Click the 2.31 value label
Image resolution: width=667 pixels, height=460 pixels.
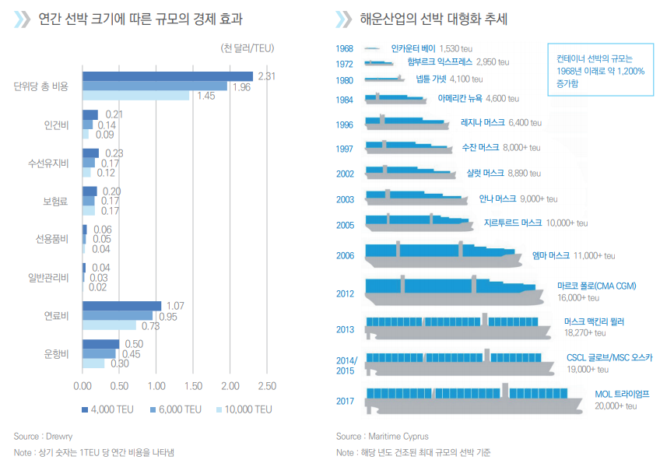[267, 75]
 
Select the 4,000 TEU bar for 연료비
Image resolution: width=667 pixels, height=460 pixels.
[122, 306]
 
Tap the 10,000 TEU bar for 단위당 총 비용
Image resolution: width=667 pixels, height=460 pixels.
[136, 96]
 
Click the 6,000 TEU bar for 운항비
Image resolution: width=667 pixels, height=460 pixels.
[99, 353]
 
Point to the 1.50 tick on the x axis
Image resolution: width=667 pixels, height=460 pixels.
[193, 386]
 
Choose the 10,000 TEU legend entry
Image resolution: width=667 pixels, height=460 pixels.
[244, 409]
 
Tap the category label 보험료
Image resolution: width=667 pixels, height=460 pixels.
[56, 201]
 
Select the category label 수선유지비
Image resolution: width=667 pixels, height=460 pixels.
[48, 163]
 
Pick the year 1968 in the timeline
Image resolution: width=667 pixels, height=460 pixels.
[345, 48]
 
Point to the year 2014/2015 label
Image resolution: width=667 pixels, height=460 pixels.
[346, 365]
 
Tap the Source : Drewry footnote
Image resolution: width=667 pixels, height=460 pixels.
[43, 436]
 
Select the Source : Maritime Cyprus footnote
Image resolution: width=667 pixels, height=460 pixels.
[382, 436]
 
